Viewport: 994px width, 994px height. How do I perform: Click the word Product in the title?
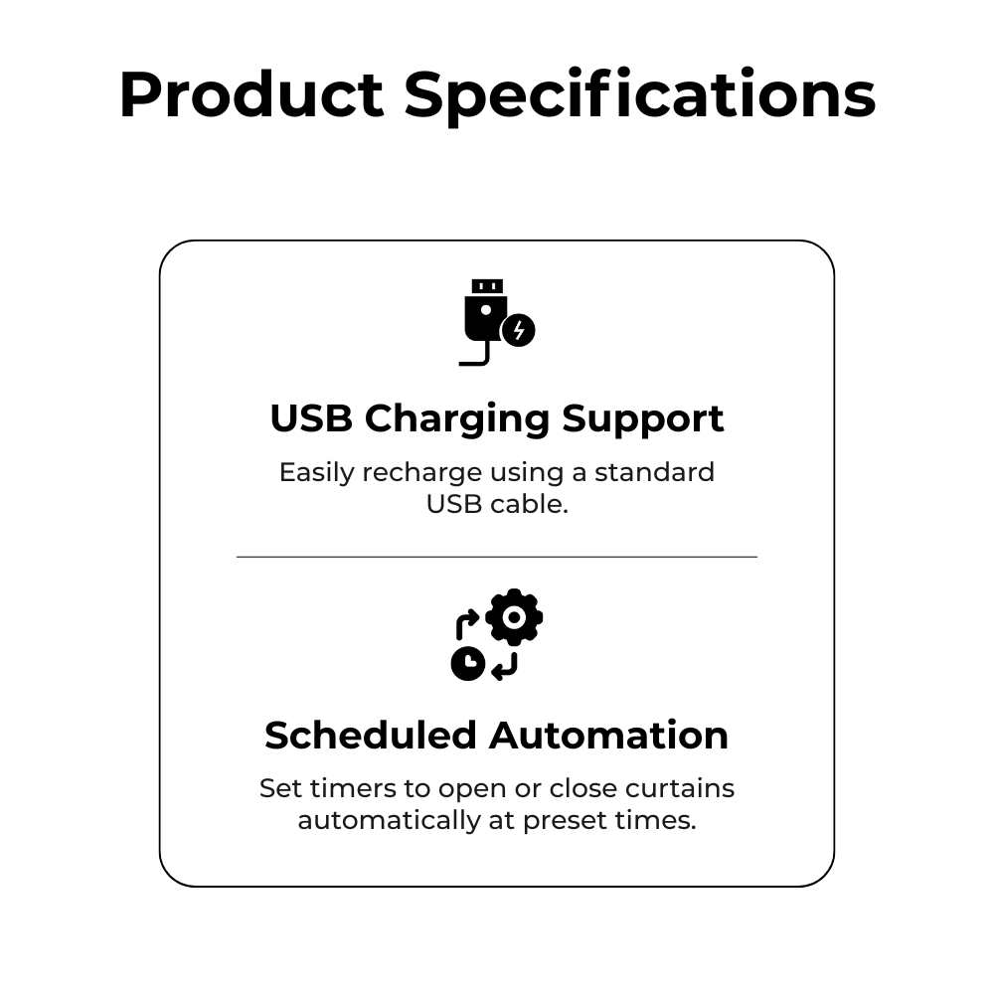[x=250, y=95]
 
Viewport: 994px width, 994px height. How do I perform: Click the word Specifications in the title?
[x=639, y=95]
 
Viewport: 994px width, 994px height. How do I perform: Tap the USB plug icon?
[x=485, y=316]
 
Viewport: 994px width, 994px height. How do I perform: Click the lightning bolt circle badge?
[x=518, y=330]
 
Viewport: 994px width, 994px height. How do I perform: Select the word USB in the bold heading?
[x=311, y=418]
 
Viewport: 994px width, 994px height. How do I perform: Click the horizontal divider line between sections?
[x=497, y=558]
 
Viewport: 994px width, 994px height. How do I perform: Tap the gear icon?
[x=514, y=618]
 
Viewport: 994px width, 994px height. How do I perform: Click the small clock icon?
[x=467, y=663]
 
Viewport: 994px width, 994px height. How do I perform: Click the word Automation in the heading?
[x=608, y=736]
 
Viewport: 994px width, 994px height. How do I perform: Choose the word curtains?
[x=680, y=789]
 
